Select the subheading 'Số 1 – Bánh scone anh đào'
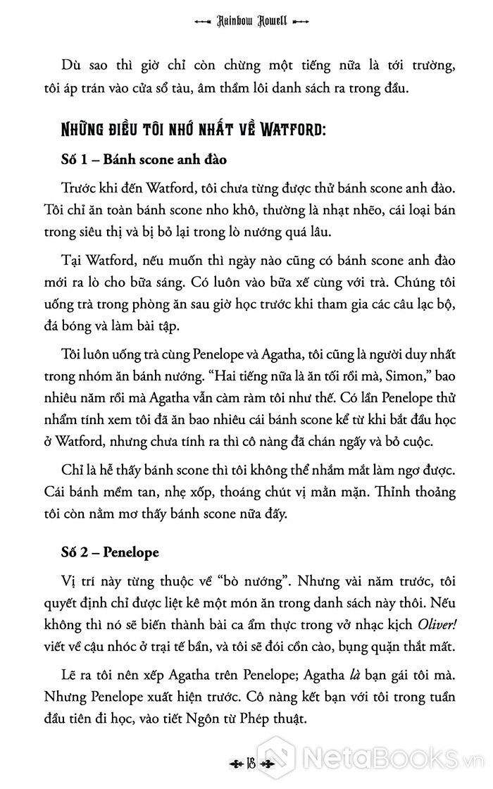(144, 160)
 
